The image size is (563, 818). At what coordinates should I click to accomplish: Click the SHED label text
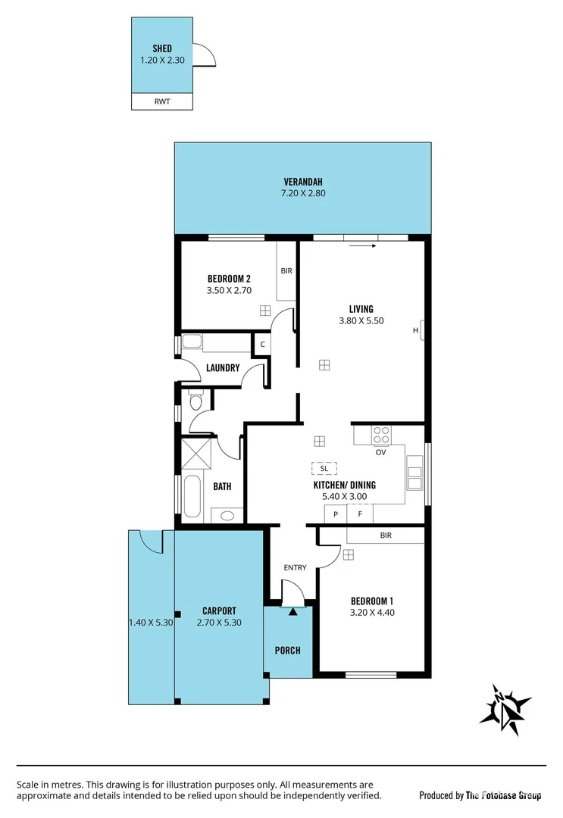coord(162,48)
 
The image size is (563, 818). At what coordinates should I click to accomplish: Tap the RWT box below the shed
coord(162,101)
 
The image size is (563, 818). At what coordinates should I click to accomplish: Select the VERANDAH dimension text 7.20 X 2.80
coord(303,194)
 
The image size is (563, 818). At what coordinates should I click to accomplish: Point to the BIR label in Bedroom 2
coord(286,270)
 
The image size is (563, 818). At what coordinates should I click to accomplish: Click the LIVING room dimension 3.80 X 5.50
coord(361,320)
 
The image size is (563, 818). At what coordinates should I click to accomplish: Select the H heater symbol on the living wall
coord(416,330)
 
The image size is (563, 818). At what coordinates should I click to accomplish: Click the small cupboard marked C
coord(262,344)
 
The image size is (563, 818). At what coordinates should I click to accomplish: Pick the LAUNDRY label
coord(223,368)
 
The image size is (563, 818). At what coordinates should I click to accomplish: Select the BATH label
coord(222,487)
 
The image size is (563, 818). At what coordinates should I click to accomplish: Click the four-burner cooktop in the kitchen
coord(381,436)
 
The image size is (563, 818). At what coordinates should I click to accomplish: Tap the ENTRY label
coord(296,567)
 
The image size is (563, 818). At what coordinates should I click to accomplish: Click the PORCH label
coord(288,650)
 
